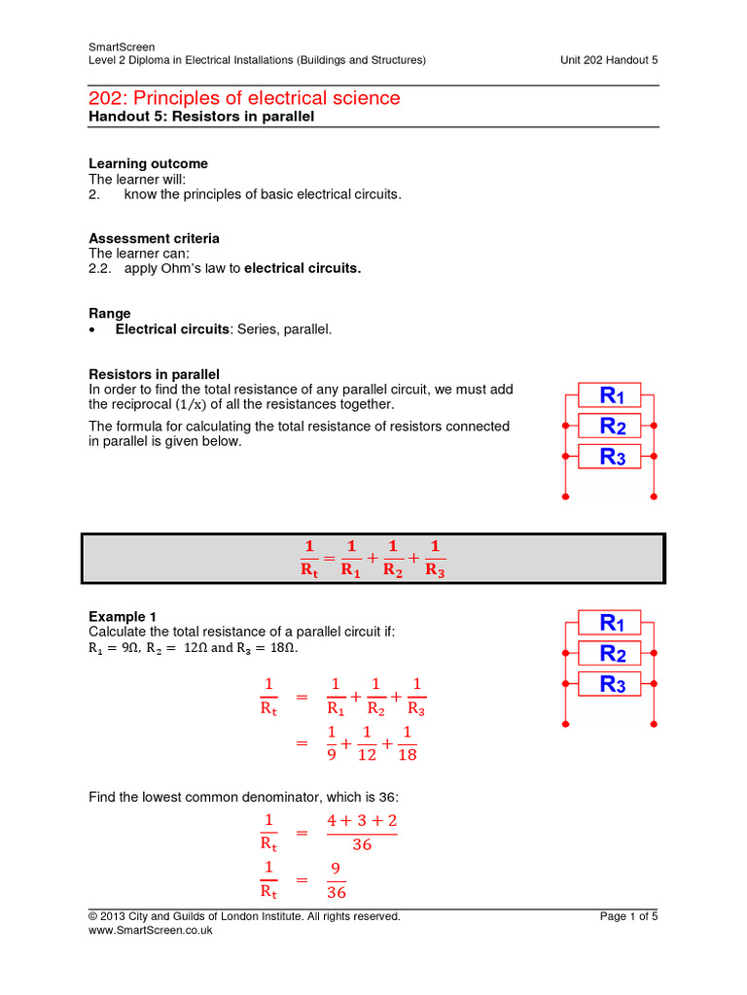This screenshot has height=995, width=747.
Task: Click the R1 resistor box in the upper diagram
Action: (611, 395)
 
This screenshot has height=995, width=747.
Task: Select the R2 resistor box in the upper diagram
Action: (611, 426)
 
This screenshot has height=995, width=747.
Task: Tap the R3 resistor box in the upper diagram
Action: (611, 457)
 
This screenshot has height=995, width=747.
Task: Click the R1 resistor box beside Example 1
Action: (611, 622)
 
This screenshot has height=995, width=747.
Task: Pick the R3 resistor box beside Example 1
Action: (611, 684)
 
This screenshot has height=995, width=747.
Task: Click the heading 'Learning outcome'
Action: (148, 163)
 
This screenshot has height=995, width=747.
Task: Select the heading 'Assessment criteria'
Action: (154, 238)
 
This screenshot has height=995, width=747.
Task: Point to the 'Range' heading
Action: (110, 314)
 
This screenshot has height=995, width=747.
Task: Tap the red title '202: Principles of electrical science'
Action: (244, 98)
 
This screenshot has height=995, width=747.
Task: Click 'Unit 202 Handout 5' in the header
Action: (609, 60)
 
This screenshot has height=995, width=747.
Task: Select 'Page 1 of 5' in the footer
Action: (628, 915)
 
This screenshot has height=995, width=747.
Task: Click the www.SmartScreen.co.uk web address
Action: (150, 930)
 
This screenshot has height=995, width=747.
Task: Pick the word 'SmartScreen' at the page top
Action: (121, 47)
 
